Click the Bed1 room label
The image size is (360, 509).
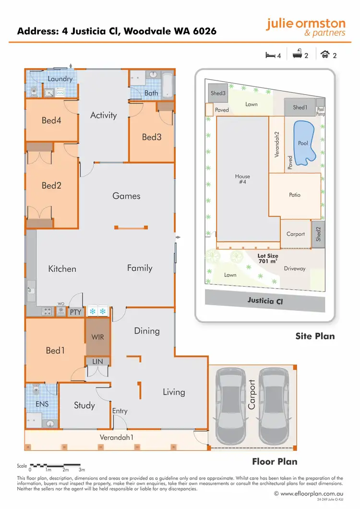tap(55, 351)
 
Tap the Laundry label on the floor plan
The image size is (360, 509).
tap(60, 79)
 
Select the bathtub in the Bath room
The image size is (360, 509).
tap(168, 85)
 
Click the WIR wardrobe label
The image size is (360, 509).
tap(97, 337)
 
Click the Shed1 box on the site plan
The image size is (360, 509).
tap(300, 108)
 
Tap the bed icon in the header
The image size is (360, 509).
tap(270, 55)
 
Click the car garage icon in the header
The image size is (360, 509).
tap(325, 55)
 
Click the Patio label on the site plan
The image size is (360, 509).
tap(295, 195)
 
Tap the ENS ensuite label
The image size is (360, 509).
tap(42, 404)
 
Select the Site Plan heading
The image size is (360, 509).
tap(315, 336)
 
